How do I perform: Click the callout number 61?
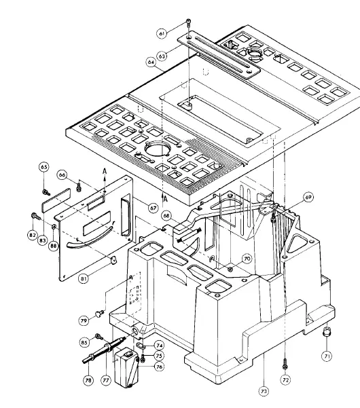(x=162, y=33)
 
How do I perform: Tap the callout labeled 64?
(x=151, y=62)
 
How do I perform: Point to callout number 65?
(x=44, y=166)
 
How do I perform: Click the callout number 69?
(x=308, y=197)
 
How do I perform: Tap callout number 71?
(x=327, y=354)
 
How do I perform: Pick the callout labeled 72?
(x=285, y=381)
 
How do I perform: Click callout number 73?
(x=263, y=391)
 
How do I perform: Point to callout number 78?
(x=88, y=382)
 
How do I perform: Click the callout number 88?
(x=53, y=246)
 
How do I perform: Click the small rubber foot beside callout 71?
(x=328, y=334)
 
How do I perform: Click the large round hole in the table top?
(x=158, y=149)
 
